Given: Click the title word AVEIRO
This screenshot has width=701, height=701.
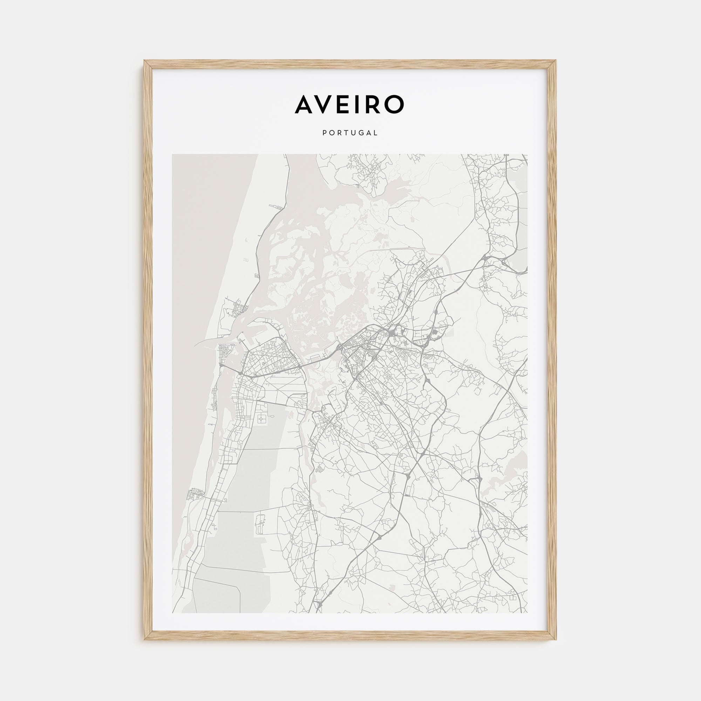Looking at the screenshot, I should click(x=349, y=104).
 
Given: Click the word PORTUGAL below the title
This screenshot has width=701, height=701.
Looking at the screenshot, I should click(x=350, y=133).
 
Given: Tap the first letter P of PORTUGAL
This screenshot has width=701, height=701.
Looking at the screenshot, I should click(x=324, y=133).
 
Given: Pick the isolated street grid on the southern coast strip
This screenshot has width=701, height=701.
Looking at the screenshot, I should click(x=193, y=495).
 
